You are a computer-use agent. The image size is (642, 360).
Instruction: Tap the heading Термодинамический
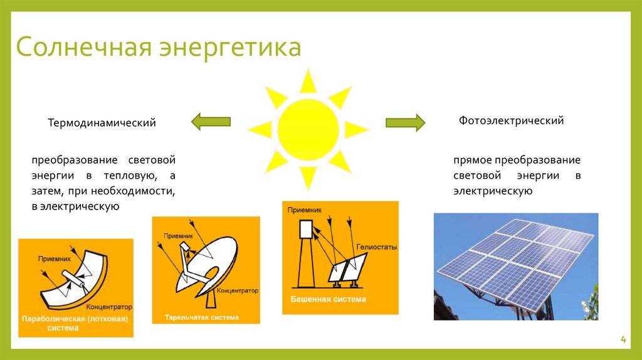(102, 122)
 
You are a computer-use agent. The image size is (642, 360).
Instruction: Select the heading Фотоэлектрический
(511, 121)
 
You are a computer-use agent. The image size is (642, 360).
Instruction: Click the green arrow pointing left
(211, 122)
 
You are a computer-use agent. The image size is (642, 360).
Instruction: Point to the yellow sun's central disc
(308, 130)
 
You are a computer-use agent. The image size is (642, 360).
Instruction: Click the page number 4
(623, 339)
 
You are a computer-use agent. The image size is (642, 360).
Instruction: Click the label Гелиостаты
(377, 247)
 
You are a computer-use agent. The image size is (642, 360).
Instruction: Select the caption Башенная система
(329, 299)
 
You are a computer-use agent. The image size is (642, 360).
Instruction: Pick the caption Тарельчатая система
(202, 317)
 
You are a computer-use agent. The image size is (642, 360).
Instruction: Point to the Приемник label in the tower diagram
(305, 209)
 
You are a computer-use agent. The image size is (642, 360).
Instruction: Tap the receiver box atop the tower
(306, 230)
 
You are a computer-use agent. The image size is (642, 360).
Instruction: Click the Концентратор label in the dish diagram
(238, 290)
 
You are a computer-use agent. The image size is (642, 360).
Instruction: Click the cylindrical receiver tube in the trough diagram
(75, 279)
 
